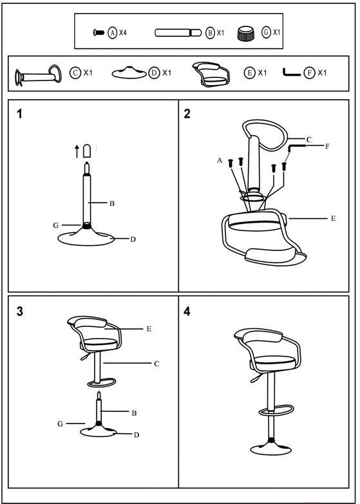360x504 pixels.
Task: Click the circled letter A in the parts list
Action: [112, 32]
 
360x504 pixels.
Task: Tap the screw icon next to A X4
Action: [99, 32]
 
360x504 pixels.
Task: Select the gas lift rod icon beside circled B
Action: [178, 32]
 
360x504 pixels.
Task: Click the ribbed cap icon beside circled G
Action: [246, 33]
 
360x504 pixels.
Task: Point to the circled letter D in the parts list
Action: [154, 73]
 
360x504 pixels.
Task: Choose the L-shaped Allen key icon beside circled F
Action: [292, 72]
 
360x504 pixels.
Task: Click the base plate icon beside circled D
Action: [129, 73]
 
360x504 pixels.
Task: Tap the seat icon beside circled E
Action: [211, 74]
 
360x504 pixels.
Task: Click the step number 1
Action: [19, 114]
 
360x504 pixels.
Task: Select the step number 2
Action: [187, 114]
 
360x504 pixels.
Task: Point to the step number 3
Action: [20, 311]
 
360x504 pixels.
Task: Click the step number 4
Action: [187, 311]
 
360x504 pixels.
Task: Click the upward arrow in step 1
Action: [77, 151]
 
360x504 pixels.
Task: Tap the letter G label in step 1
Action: [56, 225]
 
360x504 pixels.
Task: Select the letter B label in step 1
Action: [112, 203]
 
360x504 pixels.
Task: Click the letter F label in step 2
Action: [327, 146]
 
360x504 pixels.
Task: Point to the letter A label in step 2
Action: [220, 160]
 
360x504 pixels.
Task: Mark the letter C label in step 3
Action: [156, 364]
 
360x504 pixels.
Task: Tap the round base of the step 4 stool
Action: [270, 449]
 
